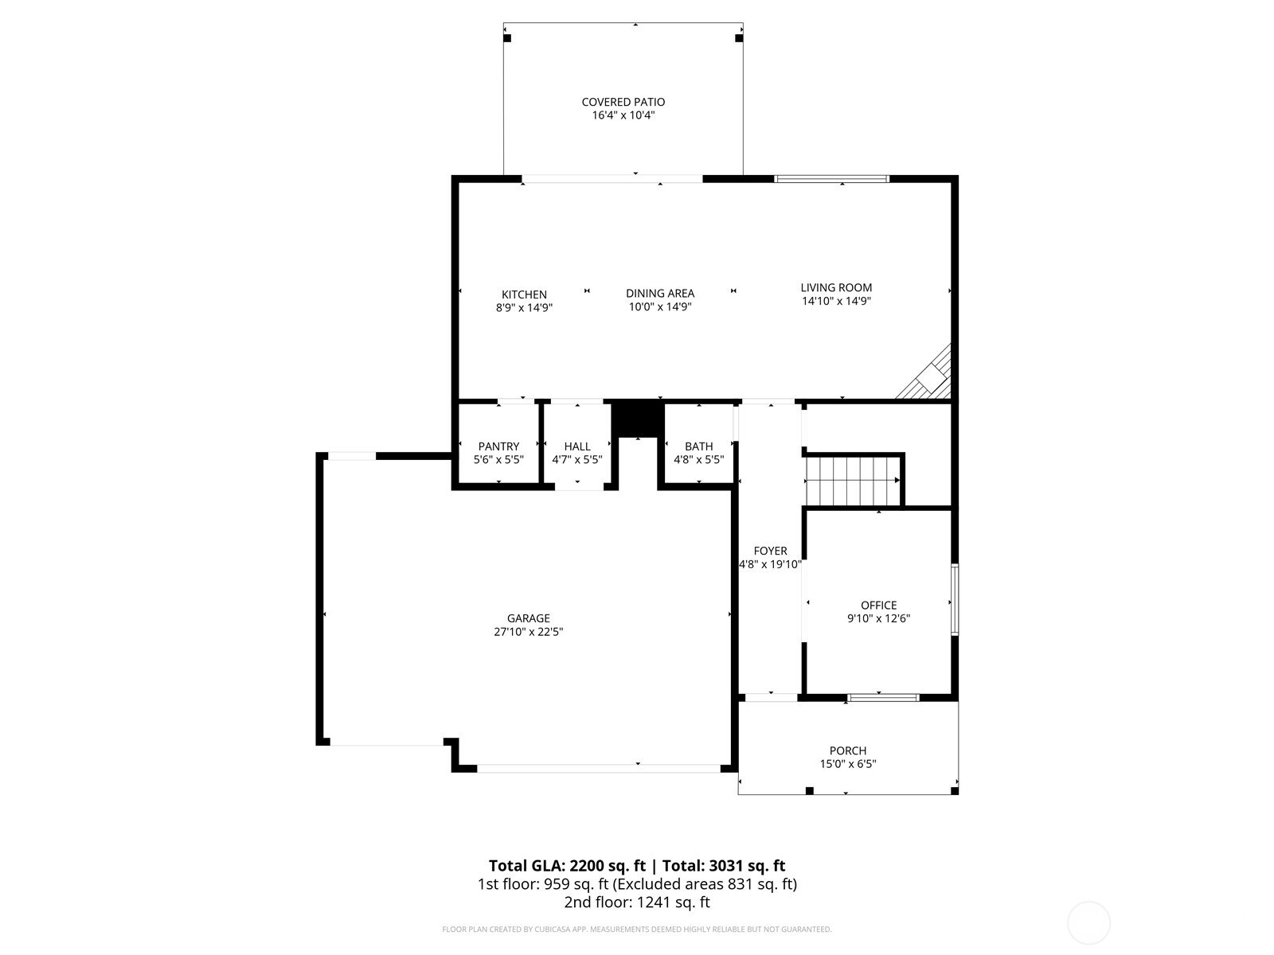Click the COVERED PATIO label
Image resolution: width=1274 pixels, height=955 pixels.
tap(623, 102)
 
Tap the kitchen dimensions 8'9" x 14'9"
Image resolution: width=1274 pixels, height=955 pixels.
tap(523, 308)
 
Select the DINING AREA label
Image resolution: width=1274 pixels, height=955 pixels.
tap(660, 294)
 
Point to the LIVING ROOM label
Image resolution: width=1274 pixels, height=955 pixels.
tap(836, 287)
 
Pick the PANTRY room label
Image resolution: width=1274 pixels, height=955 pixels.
tap(498, 446)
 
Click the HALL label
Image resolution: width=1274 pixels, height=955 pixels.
tap(577, 446)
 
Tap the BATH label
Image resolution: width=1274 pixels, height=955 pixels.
tap(698, 446)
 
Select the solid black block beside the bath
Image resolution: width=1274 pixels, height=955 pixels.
tap(638, 418)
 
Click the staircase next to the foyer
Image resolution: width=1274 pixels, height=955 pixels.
tap(852, 481)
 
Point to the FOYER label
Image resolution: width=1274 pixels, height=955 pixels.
tap(770, 551)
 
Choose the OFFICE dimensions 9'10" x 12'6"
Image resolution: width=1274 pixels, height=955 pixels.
tap(878, 618)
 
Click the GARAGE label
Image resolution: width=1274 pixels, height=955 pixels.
tap(528, 618)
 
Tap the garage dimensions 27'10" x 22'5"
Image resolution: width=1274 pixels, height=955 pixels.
tap(528, 631)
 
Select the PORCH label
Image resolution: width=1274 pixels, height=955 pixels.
tap(847, 750)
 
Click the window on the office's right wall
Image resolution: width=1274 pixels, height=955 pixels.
tap(954, 599)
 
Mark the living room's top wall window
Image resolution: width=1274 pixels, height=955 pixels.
tap(832, 178)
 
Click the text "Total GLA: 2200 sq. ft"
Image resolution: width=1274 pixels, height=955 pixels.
tap(566, 866)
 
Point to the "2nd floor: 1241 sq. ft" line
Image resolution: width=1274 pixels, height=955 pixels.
tap(637, 902)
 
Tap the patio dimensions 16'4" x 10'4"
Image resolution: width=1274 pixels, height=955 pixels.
tap(623, 115)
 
